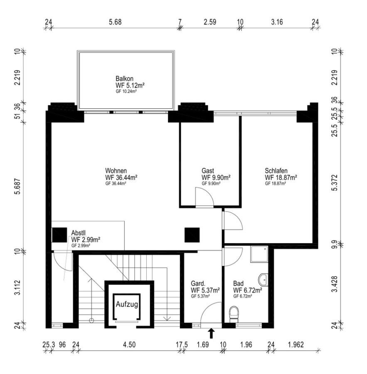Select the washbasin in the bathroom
(x=263, y=278)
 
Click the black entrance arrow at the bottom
(x=212, y=333)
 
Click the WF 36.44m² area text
(x=121, y=177)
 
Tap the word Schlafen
(x=276, y=170)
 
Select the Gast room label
(x=208, y=171)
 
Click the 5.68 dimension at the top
(x=115, y=22)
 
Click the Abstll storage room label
(x=79, y=233)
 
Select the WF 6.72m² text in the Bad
(x=247, y=290)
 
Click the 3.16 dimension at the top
(x=276, y=22)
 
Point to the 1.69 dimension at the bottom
(x=203, y=344)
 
